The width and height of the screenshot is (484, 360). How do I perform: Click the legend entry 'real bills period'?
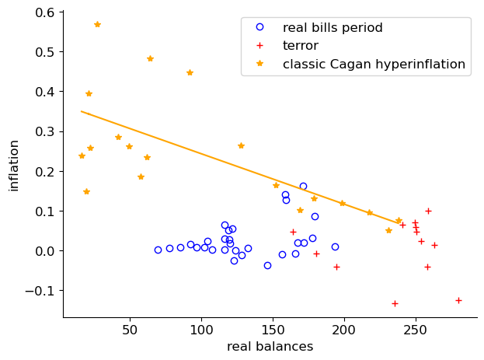333,28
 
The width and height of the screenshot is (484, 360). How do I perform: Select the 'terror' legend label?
300,46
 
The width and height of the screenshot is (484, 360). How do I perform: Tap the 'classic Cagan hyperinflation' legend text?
374,64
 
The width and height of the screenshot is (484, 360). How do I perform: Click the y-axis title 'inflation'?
13,165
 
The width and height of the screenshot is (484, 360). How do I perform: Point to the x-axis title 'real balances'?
270,347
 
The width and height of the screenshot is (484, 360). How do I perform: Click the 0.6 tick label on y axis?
44,12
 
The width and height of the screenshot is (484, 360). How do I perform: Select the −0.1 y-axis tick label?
40,291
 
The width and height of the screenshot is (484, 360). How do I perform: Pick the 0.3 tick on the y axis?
44,131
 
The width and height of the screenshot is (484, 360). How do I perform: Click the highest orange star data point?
97,24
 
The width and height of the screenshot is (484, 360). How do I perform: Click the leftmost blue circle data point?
158,250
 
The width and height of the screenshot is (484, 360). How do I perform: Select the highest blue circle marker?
303,186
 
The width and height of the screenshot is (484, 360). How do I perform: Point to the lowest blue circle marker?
267,265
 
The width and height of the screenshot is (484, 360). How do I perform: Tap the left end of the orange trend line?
82,111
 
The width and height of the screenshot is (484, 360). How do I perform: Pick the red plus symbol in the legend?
260,46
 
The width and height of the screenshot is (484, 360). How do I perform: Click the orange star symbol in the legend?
260,64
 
